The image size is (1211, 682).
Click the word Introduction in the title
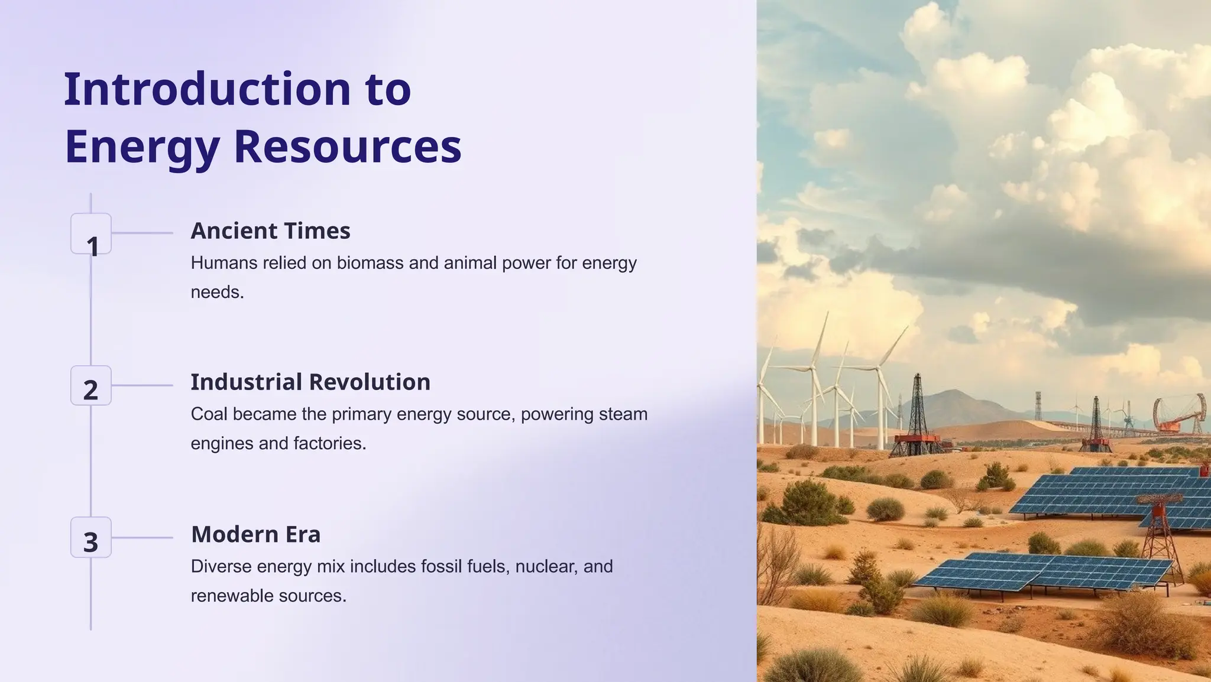pyautogui.click(x=207, y=89)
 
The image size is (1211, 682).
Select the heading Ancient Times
pyautogui.click(x=270, y=231)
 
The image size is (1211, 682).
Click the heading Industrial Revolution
pyautogui.click(x=310, y=382)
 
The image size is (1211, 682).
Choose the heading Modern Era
pyautogui.click(x=255, y=534)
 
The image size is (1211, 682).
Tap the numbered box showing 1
pyautogui.click(x=91, y=234)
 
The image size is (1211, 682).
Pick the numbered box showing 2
pyautogui.click(x=91, y=386)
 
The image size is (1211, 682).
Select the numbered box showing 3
pyautogui.click(x=91, y=538)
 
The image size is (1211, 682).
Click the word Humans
pyautogui.click(x=224, y=263)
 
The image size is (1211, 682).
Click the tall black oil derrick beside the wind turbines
pyautogui.click(x=918, y=414)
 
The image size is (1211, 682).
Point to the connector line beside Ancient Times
pyautogui.click(x=142, y=233)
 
